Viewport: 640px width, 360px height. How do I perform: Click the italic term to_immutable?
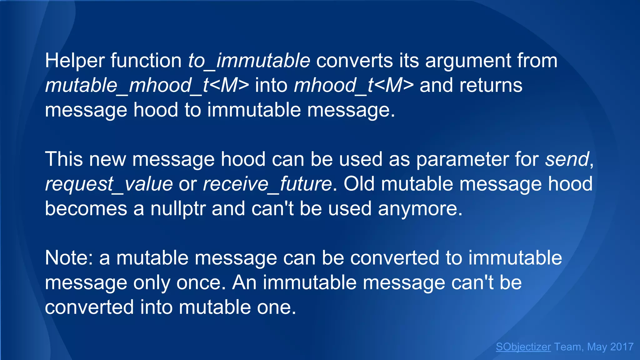249,61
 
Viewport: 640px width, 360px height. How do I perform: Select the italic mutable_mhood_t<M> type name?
147,85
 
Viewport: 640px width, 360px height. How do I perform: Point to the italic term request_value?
109,184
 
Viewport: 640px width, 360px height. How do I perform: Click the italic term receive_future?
267,184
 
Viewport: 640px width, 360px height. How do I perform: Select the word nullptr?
178,209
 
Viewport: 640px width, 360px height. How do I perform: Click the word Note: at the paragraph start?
69,258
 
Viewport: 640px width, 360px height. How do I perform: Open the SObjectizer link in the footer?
523,347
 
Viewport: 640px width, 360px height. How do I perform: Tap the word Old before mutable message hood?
359,184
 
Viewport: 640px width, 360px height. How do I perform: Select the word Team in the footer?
567,347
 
